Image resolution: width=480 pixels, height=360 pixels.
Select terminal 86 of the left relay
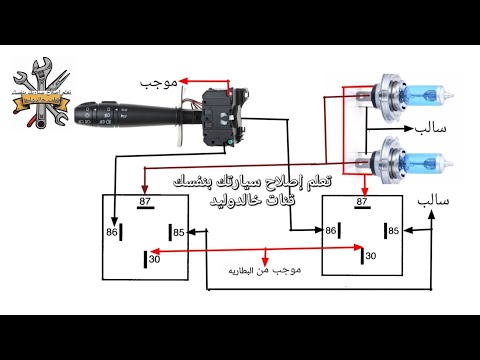tap(112, 232)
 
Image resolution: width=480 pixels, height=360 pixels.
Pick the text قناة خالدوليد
tap(246, 201)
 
